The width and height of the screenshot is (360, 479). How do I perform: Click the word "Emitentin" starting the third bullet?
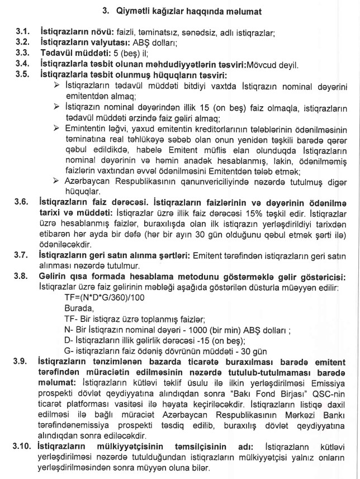coord(83,128)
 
